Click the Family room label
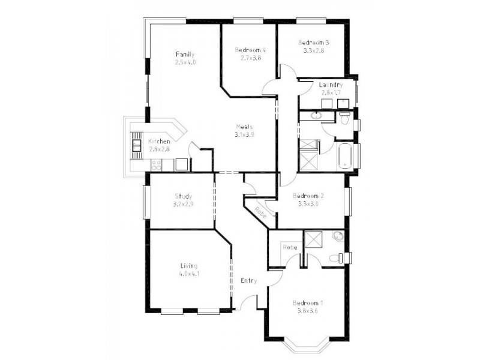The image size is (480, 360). pyautogui.click(x=185, y=54)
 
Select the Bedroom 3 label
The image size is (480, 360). pyautogui.click(x=313, y=43)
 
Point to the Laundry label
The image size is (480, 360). pyautogui.click(x=331, y=85)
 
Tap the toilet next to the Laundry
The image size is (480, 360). pyautogui.click(x=344, y=117)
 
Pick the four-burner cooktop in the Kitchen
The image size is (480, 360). pyautogui.click(x=158, y=164)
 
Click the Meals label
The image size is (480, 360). pyautogui.click(x=244, y=127)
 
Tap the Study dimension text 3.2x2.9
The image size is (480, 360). pyautogui.click(x=183, y=205)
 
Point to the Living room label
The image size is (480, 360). pyautogui.click(x=188, y=266)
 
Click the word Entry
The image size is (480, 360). pyautogui.click(x=249, y=280)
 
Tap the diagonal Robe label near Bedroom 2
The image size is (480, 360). pyautogui.click(x=260, y=212)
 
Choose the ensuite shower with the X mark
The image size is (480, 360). pyautogui.click(x=313, y=239)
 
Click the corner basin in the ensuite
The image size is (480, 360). pyautogui.click(x=338, y=236)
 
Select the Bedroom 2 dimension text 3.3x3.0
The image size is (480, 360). pyautogui.click(x=308, y=204)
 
